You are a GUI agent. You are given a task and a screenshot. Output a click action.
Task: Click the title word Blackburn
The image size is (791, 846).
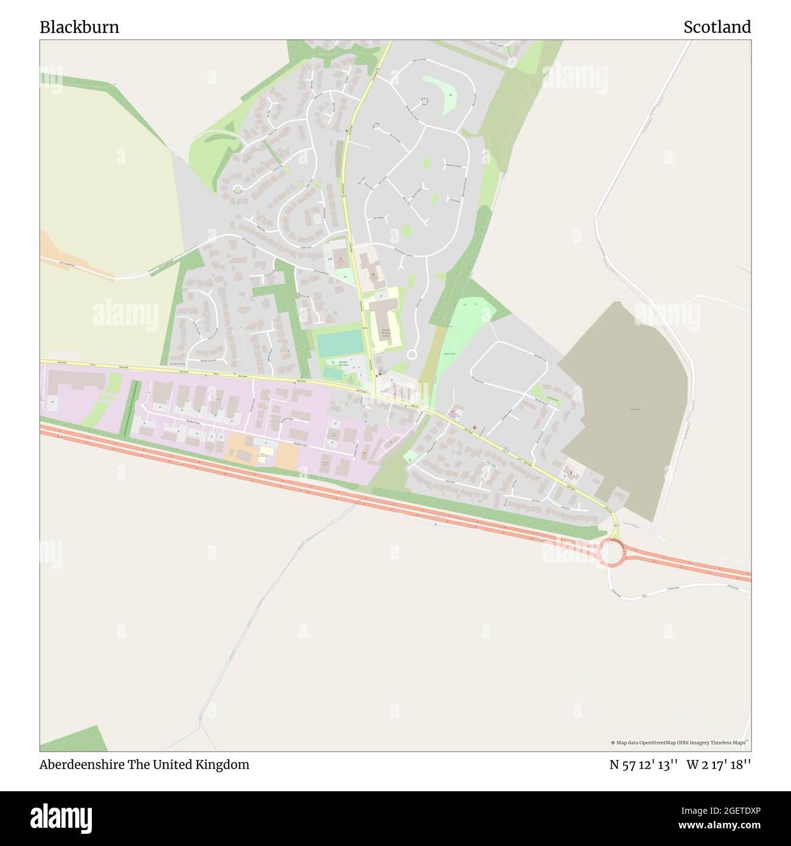coord(79,27)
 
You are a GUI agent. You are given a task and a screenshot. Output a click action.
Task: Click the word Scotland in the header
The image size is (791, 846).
coord(717,27)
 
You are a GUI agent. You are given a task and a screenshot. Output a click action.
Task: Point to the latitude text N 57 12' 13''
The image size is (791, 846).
coord(644,765)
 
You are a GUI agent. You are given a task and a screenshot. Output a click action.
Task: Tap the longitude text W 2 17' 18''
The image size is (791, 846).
coord(719,765)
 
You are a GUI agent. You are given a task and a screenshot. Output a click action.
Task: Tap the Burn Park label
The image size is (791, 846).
coord(450,353)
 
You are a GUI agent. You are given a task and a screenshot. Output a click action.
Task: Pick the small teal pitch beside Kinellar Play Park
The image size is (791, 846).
coord(332,372)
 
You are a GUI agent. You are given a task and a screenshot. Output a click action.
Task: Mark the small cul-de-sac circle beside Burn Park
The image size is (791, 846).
coord(411,354)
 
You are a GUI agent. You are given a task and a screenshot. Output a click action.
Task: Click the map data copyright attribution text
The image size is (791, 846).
coord(680,743)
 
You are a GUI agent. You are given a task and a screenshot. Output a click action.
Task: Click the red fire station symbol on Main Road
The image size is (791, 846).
coord(475,427)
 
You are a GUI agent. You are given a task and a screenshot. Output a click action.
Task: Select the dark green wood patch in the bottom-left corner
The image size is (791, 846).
coord(73,739)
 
